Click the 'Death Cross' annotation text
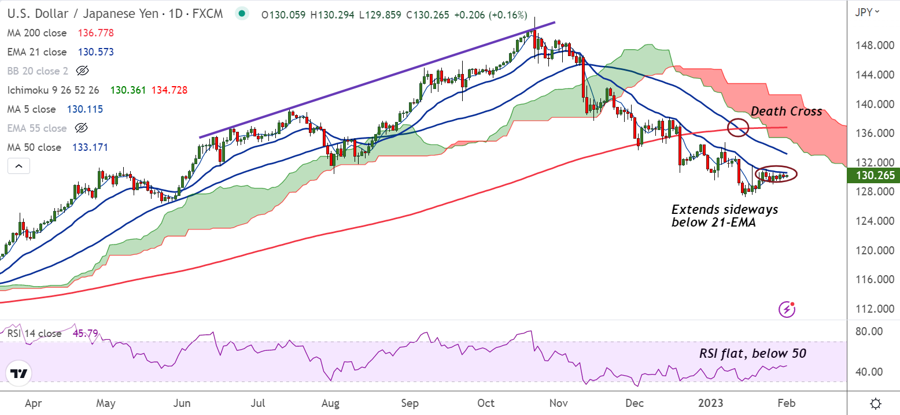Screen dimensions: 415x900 [786, 112]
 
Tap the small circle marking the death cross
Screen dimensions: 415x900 [737, 127]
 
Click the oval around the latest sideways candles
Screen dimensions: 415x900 [776, 174]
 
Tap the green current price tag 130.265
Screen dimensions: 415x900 [872, 176]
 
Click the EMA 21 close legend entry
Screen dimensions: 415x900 [37, 52]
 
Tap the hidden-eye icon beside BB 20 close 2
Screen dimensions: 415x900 [82, 71]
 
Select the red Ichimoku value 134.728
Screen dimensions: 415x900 [169, 90]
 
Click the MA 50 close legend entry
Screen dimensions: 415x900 [34, 147]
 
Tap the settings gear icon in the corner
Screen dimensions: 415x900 [876, 403]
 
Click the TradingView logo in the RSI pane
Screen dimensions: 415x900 [20, 373]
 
